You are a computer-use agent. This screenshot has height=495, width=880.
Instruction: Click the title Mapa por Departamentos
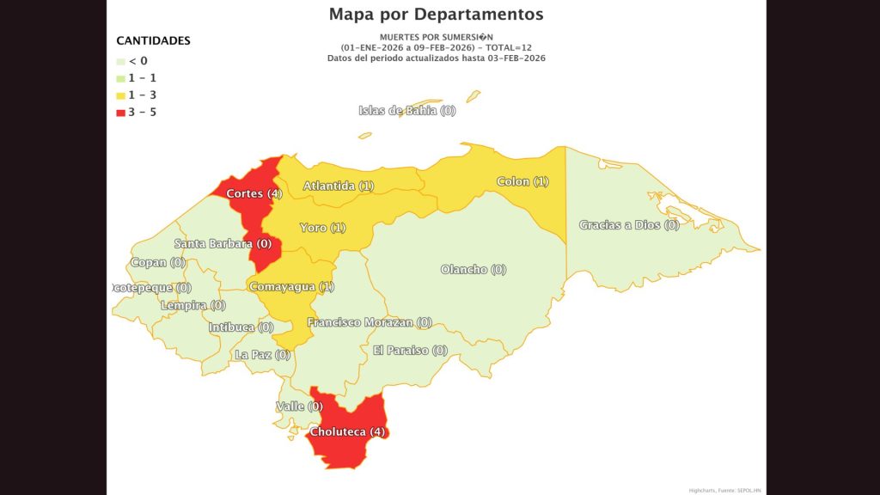tap(436, 15)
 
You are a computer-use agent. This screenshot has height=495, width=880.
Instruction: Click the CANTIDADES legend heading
tap(153, 40)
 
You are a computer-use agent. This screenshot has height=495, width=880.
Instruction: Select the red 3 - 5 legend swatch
tap(120, 113)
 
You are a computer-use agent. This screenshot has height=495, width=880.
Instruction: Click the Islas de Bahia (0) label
tap(407, 111)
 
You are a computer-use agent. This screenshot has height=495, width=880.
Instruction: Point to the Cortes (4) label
tap(254, 193)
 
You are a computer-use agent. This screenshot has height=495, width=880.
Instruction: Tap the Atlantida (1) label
tap(339, 186)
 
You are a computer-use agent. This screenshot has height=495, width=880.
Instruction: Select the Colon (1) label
tap(522, 181)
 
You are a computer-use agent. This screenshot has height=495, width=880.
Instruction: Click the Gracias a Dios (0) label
tap(629, 225)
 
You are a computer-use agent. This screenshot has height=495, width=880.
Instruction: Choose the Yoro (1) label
tap(323, 228)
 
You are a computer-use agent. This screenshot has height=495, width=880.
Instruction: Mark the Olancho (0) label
tap(474, 270)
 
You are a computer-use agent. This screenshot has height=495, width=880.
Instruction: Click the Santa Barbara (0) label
tap(223, 244)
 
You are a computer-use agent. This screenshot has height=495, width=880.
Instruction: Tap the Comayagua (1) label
tap(291, 287)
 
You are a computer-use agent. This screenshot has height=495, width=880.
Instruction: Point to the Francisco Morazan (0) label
tap(370, 323)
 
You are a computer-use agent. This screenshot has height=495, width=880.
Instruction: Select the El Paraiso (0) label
tap(410, 351)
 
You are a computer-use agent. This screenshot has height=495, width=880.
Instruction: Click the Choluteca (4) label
tap(347, 431)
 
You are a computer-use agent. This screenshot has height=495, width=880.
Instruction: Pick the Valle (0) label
tap(299, 406)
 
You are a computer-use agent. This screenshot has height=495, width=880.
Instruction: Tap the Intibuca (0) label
tap(241, 327)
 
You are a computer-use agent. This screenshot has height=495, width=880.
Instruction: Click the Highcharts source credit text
tap(724, 491)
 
